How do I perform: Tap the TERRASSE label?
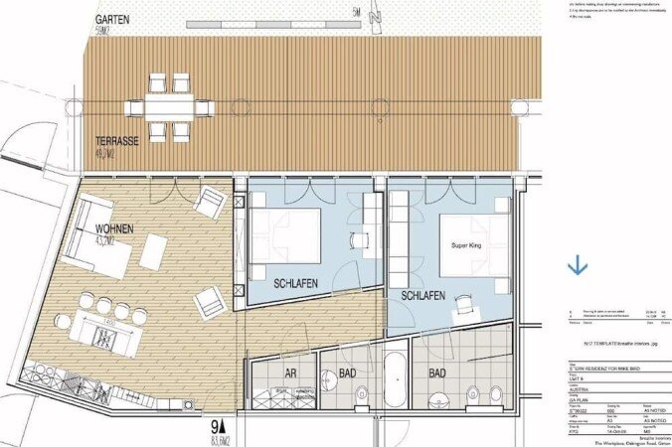117,142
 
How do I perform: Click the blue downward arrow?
577,265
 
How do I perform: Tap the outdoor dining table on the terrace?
169,105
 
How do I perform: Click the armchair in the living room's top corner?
210,203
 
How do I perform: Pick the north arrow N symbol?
374,16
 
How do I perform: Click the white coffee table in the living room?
152,252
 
